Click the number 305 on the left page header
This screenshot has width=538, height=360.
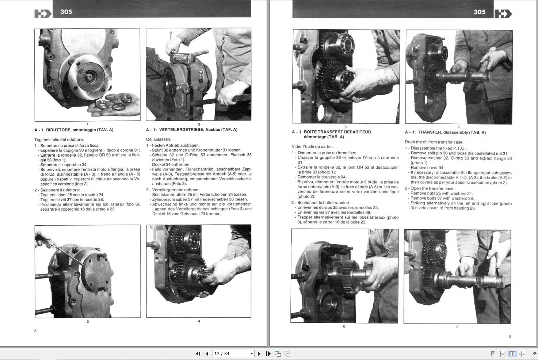coord(66,12)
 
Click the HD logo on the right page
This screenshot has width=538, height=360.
coord(503,14)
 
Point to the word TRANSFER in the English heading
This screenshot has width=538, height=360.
coord(430,133)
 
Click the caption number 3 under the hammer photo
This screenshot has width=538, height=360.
coord(199,124)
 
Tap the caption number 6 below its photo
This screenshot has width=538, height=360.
coord(344,326)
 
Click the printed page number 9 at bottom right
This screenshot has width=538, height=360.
coord(510,337)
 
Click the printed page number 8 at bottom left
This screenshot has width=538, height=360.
coord(35,331)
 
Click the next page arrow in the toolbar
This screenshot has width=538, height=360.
coord(259,353)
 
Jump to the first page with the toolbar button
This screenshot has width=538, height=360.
coord(198,353)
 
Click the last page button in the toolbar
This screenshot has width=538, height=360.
coord(268,353)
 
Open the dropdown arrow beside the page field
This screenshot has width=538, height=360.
coord(252,353)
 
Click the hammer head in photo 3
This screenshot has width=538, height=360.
coord(181,57)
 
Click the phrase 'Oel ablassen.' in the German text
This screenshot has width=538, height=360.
coord(159,139)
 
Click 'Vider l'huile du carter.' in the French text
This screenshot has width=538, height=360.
coord(312,146)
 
